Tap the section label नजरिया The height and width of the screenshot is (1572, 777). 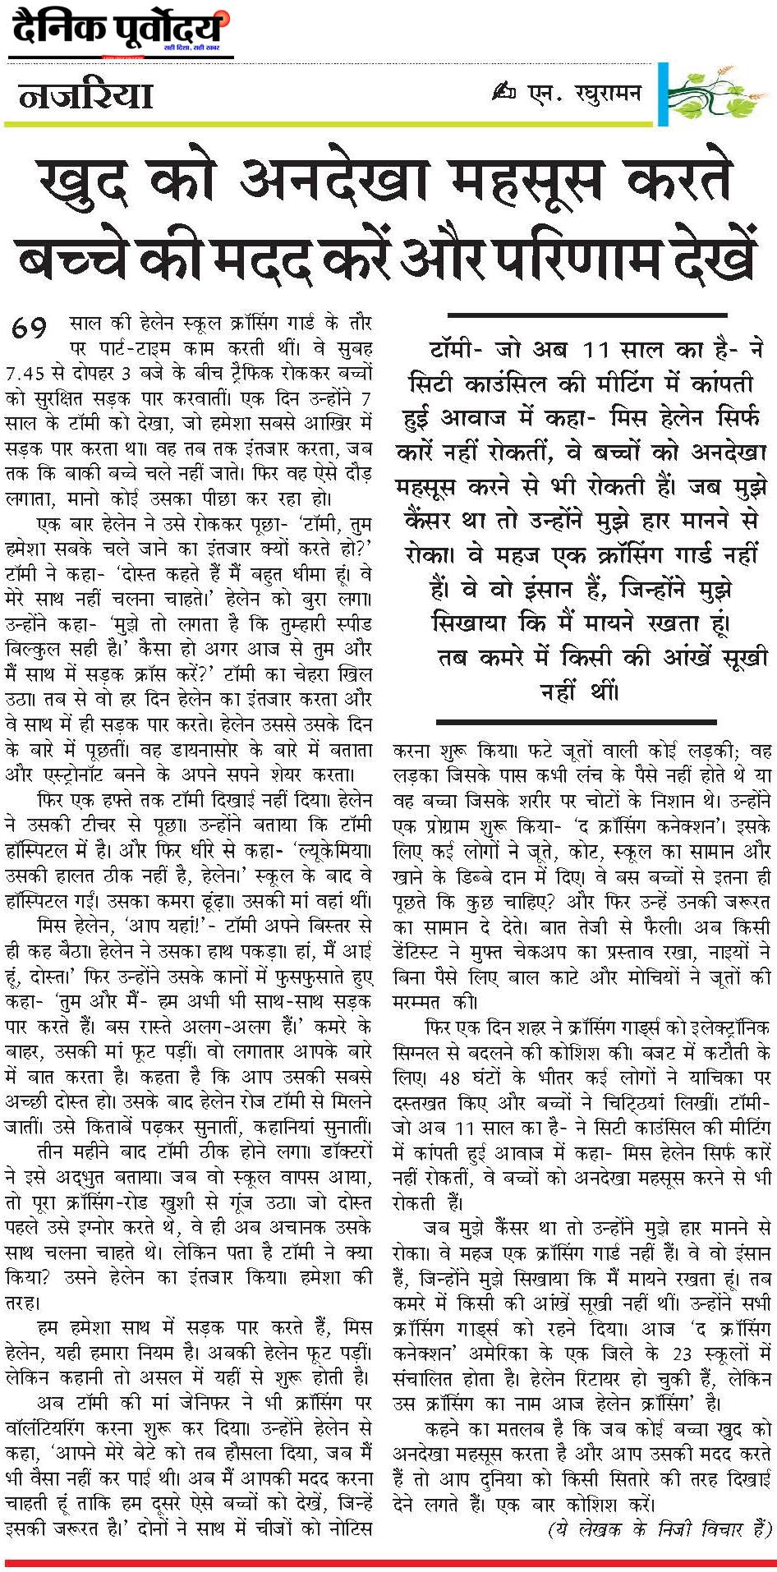86,96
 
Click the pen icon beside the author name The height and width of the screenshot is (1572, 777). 503,92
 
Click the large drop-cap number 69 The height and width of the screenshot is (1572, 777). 30,328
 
